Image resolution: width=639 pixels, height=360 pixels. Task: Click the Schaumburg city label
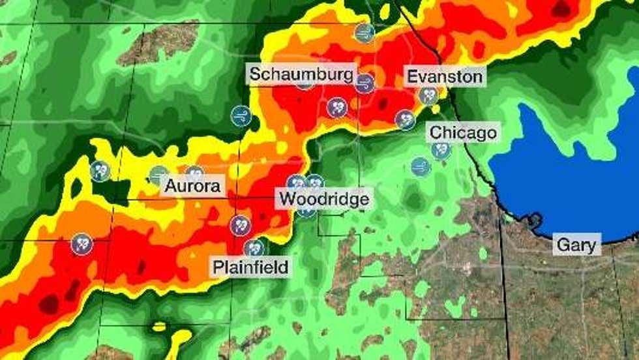[302, 73]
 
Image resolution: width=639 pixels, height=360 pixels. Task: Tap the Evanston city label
[444, 76]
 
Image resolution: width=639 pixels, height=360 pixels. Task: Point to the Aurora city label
[192, 187]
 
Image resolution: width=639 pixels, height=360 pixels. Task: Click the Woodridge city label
[324, 198]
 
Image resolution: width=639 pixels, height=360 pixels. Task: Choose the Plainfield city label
[250, 267]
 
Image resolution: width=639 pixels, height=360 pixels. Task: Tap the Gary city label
[576, 245]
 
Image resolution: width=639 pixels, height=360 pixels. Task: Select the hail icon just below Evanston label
[428, 96]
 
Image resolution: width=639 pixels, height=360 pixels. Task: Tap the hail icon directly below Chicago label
[441, 151]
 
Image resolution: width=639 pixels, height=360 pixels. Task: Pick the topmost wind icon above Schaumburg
[364, 33]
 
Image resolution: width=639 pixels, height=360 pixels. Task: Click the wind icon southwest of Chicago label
[421, 166]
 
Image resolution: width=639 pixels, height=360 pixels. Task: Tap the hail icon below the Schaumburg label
[336, 107]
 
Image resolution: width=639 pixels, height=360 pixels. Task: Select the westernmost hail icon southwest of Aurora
[82, 245]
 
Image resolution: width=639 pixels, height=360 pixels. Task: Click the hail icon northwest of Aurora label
[100, 171]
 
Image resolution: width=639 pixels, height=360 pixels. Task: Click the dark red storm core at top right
[561, 9]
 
